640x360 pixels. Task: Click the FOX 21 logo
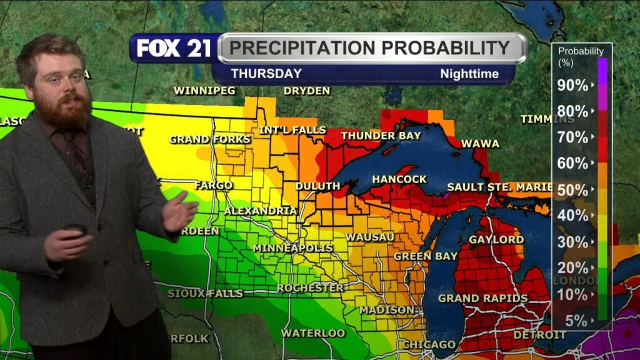(x=174, y=48)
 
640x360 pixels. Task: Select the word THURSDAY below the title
(x=266, y=74)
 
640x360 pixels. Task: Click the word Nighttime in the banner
(x=469, y=74)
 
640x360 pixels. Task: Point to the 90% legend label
(x=572, y=86)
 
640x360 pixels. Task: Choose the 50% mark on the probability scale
(x=572, y=189)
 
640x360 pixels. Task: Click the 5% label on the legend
(x=576, y=321)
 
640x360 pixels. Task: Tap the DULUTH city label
(x=317, y=186)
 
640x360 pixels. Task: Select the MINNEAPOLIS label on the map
(x=292, y=248)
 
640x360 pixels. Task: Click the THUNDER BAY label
(x=377, y=136)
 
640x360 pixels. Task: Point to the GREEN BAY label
(x=421, y=256)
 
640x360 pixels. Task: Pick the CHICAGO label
(x=429, y=344)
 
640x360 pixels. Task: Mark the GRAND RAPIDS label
(x=482, y=298)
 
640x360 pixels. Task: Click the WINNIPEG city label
(x=204, y=91)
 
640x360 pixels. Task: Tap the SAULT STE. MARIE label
(x=499, y=187)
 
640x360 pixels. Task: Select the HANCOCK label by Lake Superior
(x=399, y=179)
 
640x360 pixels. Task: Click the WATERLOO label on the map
(x=313, y=332)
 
